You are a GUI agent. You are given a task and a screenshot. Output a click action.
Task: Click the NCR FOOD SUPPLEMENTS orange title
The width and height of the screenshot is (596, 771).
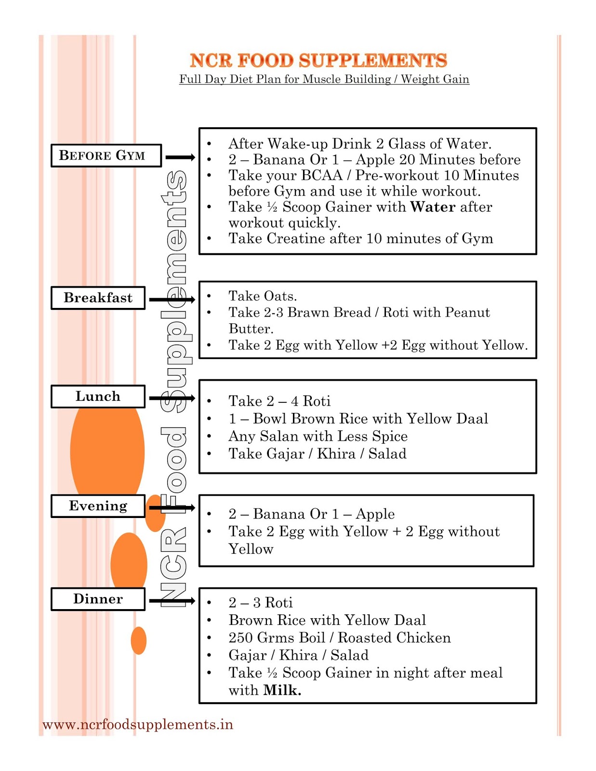tap(318, 61)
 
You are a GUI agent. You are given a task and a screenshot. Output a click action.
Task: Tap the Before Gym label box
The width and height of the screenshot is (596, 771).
tap(106, 156)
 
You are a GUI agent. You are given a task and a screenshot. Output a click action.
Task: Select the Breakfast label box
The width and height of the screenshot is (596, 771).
tap(98, 298)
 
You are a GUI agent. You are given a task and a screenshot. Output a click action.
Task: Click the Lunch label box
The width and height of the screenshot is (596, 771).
tap(98, 397)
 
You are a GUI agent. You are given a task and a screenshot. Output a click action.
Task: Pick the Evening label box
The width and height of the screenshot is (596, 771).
tap(98, 506)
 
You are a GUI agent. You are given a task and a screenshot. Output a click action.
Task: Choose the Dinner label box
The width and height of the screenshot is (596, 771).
tap(98, 599)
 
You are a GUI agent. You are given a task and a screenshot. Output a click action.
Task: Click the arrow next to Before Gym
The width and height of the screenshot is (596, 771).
tap(180, 157)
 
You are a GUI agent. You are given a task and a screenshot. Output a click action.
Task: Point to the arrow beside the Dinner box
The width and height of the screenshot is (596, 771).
tap(172, 600)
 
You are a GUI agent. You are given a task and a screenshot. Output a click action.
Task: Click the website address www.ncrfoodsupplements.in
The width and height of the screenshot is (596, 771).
tap(138, 725)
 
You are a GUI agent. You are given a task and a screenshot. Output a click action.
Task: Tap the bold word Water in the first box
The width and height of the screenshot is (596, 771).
tap(433, 207)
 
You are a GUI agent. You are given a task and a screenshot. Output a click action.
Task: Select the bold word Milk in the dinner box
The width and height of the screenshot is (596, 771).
tap(282, 691)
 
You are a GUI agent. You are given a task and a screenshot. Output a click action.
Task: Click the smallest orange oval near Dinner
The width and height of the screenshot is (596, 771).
tap(138, 640)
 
